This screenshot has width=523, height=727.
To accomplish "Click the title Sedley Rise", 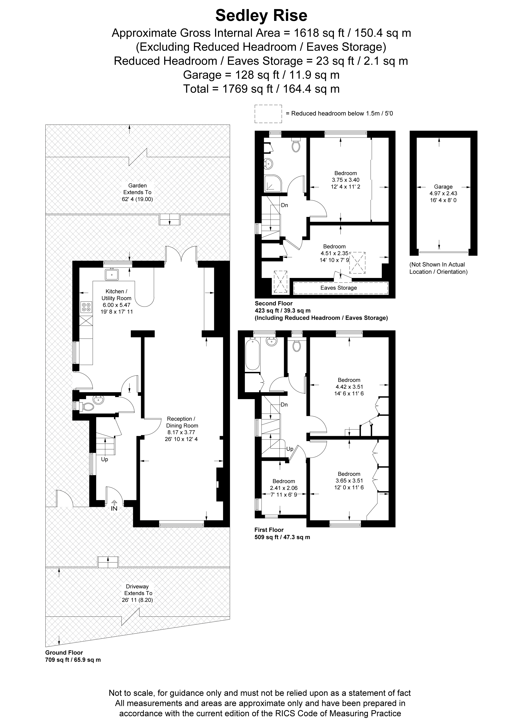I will (x=261, y=16).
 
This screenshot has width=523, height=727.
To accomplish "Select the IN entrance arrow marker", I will (x=114, y=506).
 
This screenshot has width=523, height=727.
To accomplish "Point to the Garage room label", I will (x=443, y=187).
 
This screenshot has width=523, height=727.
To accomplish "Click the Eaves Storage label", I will (x=339, y=288).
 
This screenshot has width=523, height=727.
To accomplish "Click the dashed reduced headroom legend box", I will (x=268, y=114).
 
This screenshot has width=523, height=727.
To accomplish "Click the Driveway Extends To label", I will (x=138, y=593).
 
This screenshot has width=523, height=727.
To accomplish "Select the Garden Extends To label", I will (x=138, y=192).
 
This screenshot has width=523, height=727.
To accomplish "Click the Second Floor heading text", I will (x=273, y=303).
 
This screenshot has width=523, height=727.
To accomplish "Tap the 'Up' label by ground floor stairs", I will (x=105, y=459).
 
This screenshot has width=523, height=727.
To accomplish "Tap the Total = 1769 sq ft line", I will (x=261, y=89).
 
